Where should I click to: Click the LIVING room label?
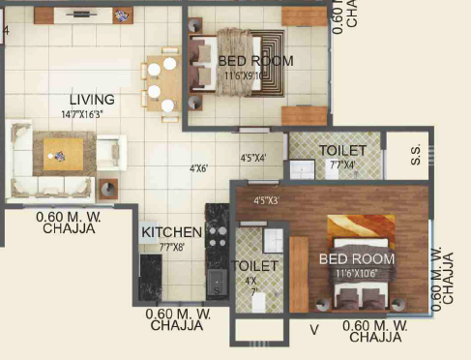(92, 99)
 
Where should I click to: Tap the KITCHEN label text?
(171, 232)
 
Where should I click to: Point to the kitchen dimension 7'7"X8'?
(171, 247)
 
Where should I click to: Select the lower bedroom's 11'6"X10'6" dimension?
(359, 273)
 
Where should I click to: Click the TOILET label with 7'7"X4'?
(342, 151)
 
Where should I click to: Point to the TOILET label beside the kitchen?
(255, 265)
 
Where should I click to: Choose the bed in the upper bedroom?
(237, 63)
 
